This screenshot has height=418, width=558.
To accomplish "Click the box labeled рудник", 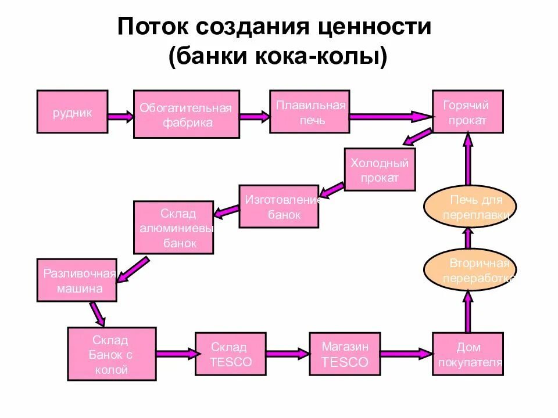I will tap(72, 112).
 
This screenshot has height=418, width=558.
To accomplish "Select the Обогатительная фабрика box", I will tap(186, 114).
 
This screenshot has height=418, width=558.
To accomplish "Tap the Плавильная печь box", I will tap(310, 112).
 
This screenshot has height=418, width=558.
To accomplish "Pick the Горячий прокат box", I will tap(467, 112).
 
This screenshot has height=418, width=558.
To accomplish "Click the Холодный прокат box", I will tap(380, 170).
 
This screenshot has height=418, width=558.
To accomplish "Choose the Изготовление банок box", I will tap(278, 206).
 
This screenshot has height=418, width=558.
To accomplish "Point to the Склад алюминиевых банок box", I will tap(173, 228).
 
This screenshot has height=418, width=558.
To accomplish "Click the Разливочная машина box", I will tap(77, 280).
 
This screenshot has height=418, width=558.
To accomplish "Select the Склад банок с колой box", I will tap(112, 354).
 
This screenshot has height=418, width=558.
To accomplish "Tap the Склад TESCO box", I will tap(230, 354).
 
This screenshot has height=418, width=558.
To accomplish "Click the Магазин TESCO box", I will tap(345, 354).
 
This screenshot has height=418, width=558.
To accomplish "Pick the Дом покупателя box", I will tap(468, 354).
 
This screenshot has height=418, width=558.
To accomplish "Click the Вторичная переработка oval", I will tap(470, 270).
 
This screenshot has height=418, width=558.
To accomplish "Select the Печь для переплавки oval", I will tap(470, 207).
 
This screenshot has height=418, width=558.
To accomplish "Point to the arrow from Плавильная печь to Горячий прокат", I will tap(390, 117).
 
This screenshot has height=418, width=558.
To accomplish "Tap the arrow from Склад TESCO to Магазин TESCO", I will tap(287, 352).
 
